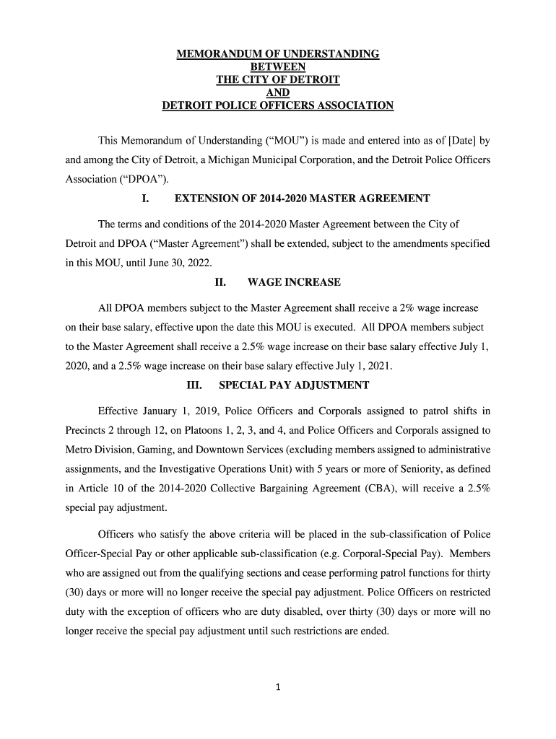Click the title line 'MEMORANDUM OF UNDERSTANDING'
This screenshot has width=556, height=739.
[x=278, y=54]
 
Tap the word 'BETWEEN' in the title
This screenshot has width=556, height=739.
[x=278, y=66]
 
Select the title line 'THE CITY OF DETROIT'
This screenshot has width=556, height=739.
[x=278, y=79]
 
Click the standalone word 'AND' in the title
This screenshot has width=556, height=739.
[x=278, y=92]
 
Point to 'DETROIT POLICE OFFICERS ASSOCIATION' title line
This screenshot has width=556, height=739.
[x=278, y=105]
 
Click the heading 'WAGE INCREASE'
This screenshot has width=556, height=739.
[x=294, y=281]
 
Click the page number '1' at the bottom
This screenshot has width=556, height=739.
[x=278, y=687]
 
